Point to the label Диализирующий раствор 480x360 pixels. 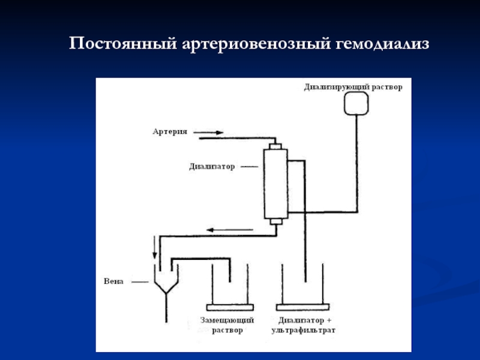352,86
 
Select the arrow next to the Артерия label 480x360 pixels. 209,132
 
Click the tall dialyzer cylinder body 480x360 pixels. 276,184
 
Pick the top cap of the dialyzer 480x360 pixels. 276,146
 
